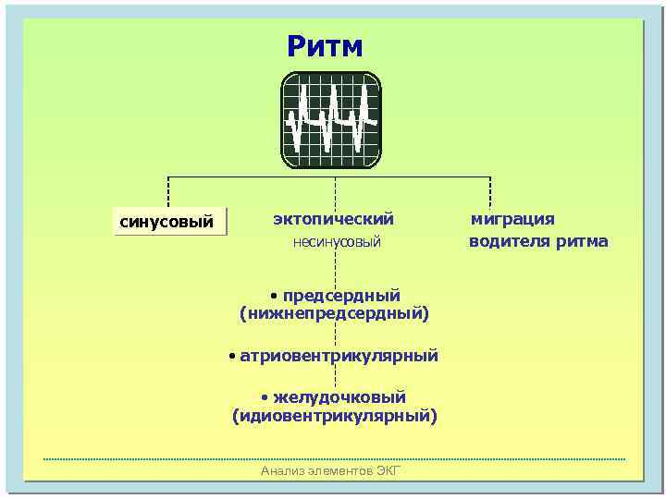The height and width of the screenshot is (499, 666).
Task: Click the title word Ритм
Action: point(325,46)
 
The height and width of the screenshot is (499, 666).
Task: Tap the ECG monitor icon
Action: point(331,120)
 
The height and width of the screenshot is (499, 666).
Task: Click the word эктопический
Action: point(333,219)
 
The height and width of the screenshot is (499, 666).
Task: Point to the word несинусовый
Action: point(337,243)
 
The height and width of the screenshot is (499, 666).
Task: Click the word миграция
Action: point(512,219)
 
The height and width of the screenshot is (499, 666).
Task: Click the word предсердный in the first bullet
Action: point(341,296)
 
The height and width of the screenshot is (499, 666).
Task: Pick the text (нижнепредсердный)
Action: point(334,314)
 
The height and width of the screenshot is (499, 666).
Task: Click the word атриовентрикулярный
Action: point(339,356)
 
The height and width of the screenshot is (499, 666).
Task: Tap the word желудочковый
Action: point(339,397)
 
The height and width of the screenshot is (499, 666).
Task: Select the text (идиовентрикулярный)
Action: point(334,416)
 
